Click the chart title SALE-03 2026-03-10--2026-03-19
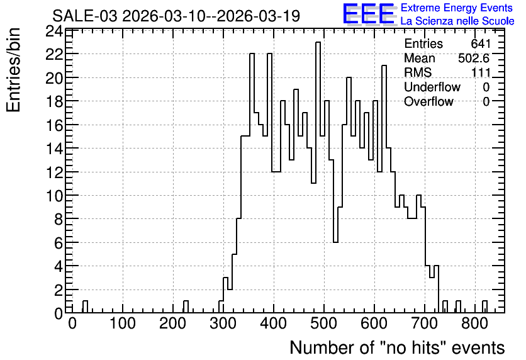coord(176,16)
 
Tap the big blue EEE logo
coord(369,14)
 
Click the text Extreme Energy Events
coord(457,8)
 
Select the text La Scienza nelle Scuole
coord(457,21)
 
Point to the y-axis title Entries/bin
coord(13,70)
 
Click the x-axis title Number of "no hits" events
coord(397,347)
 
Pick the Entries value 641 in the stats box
coord(481,43)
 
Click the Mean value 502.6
coord(474,58)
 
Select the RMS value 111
coord(481,72)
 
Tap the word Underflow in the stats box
coord(432,87)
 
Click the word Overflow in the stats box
coord(428,101)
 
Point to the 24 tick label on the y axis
coord(54,31)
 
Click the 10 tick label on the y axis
coord(54,196)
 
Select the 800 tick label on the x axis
coord(474,323)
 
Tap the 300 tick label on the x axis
coord(223,323)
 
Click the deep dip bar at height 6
coord(335,277)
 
